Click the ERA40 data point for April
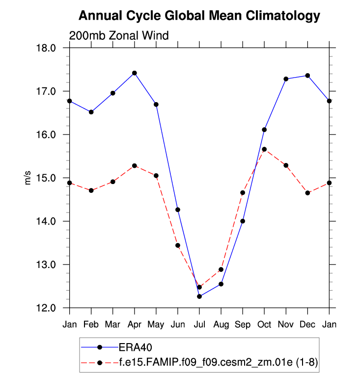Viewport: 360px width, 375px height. tap(135, 73)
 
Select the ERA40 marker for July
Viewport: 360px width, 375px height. tap(199, 296)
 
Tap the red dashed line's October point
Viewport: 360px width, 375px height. tap(264, 149)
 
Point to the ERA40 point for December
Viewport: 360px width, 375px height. tap(307, 76)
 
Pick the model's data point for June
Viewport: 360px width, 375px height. tap(178, 245)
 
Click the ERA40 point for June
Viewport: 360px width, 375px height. tap(178, 210)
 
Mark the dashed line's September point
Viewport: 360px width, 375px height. tap(243, 193)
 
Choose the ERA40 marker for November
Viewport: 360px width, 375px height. tap(286, 79)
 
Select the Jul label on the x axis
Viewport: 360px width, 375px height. tap(199, 325)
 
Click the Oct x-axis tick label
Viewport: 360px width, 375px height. tap(264, 325)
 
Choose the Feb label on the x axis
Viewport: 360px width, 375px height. tap(91, 325)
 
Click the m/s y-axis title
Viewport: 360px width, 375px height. tap(28, 178)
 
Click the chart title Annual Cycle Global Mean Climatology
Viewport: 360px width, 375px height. tap(199, 16)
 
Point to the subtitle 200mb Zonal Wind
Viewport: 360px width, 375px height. tap(119, 35)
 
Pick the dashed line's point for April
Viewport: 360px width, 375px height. tap(135, 166)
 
